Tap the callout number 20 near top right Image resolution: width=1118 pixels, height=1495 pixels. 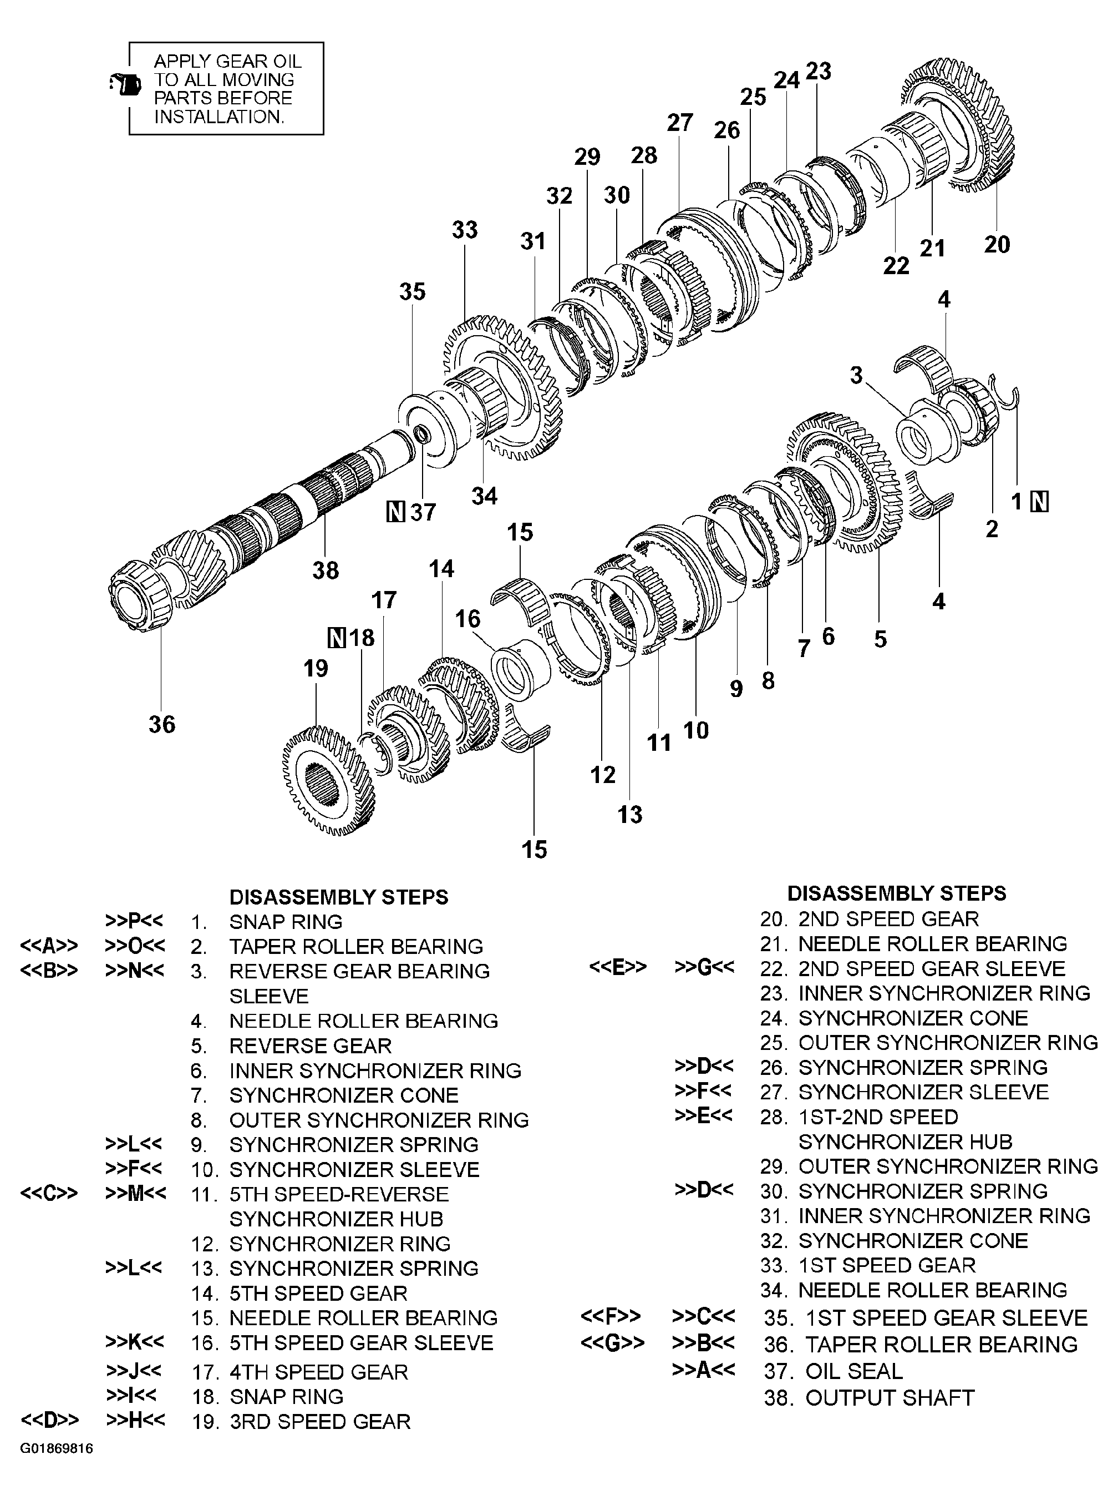(997, 244)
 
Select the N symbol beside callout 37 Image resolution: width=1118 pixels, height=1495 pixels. (396, 512)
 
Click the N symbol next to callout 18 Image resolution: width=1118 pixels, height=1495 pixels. (336, 637)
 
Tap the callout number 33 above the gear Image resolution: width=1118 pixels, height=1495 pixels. (464, 230)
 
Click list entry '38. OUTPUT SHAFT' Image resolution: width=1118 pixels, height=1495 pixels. (869, 1397)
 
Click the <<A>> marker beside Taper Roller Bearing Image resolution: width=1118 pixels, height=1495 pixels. (49, 946)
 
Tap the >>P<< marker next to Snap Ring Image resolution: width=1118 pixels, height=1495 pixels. (134, 921)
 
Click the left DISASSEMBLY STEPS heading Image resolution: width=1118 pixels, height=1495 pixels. (338, 897)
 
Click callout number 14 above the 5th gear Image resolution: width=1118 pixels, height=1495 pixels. (441, 568)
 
